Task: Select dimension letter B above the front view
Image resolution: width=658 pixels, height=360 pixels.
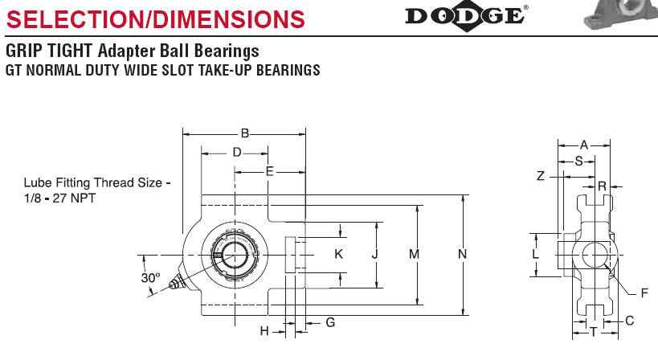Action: coord(245,134)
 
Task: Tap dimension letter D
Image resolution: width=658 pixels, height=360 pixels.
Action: coord(237,153)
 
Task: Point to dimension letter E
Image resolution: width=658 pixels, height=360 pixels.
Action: coord(269,171)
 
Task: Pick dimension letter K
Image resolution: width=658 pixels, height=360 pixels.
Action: coord(339,254)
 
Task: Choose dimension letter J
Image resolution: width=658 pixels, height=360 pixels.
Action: coord(374,254)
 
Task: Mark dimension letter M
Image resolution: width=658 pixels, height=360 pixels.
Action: coord(414,254)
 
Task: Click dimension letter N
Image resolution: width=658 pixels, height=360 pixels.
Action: coord(462,254)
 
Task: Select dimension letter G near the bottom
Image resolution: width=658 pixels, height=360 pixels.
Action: coord(330,322)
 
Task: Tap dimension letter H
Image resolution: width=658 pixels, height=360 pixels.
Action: coord(264,331)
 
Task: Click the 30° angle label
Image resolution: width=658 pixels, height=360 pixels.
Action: coord(151,277)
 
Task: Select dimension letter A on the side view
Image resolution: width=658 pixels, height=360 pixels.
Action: coord(584,145)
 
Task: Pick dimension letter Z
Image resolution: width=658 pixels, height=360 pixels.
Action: coord(541,175)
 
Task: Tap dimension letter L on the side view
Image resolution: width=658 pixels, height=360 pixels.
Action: coord(535,254)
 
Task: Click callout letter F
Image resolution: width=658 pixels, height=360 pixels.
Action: coord(644,292)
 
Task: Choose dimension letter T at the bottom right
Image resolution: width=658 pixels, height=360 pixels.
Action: coord(594,333)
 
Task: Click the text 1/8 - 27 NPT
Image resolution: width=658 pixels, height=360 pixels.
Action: coord(59,198)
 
